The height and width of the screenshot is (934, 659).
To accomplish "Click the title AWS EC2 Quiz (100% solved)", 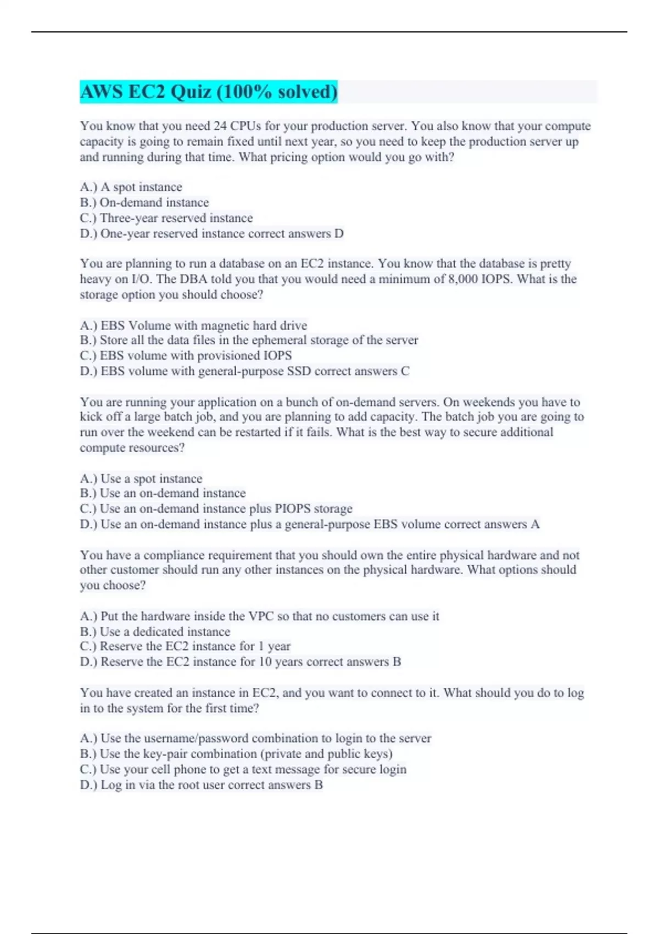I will click(x=209, y=92).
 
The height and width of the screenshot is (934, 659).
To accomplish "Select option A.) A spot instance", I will click(x=131, y=187).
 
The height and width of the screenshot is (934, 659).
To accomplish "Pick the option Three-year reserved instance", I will click(x=166, y=218).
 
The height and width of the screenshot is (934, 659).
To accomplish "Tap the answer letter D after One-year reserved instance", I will click(x=339, y=233).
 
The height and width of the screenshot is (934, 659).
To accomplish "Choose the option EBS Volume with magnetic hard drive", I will click(x=193, y=325).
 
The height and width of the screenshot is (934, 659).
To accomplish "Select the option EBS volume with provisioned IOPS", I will click(x=186, y=355).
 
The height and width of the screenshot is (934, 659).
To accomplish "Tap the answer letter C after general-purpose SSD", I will click(x=405, y=371).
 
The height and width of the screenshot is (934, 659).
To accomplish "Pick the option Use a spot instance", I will click(x=141, y=479).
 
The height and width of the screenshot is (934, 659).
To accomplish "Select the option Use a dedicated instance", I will click(x=155, y=632).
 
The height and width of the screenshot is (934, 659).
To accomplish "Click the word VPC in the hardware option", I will click(x=261, y=616).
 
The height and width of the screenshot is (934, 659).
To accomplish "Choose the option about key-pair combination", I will click(x=236, y=754).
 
